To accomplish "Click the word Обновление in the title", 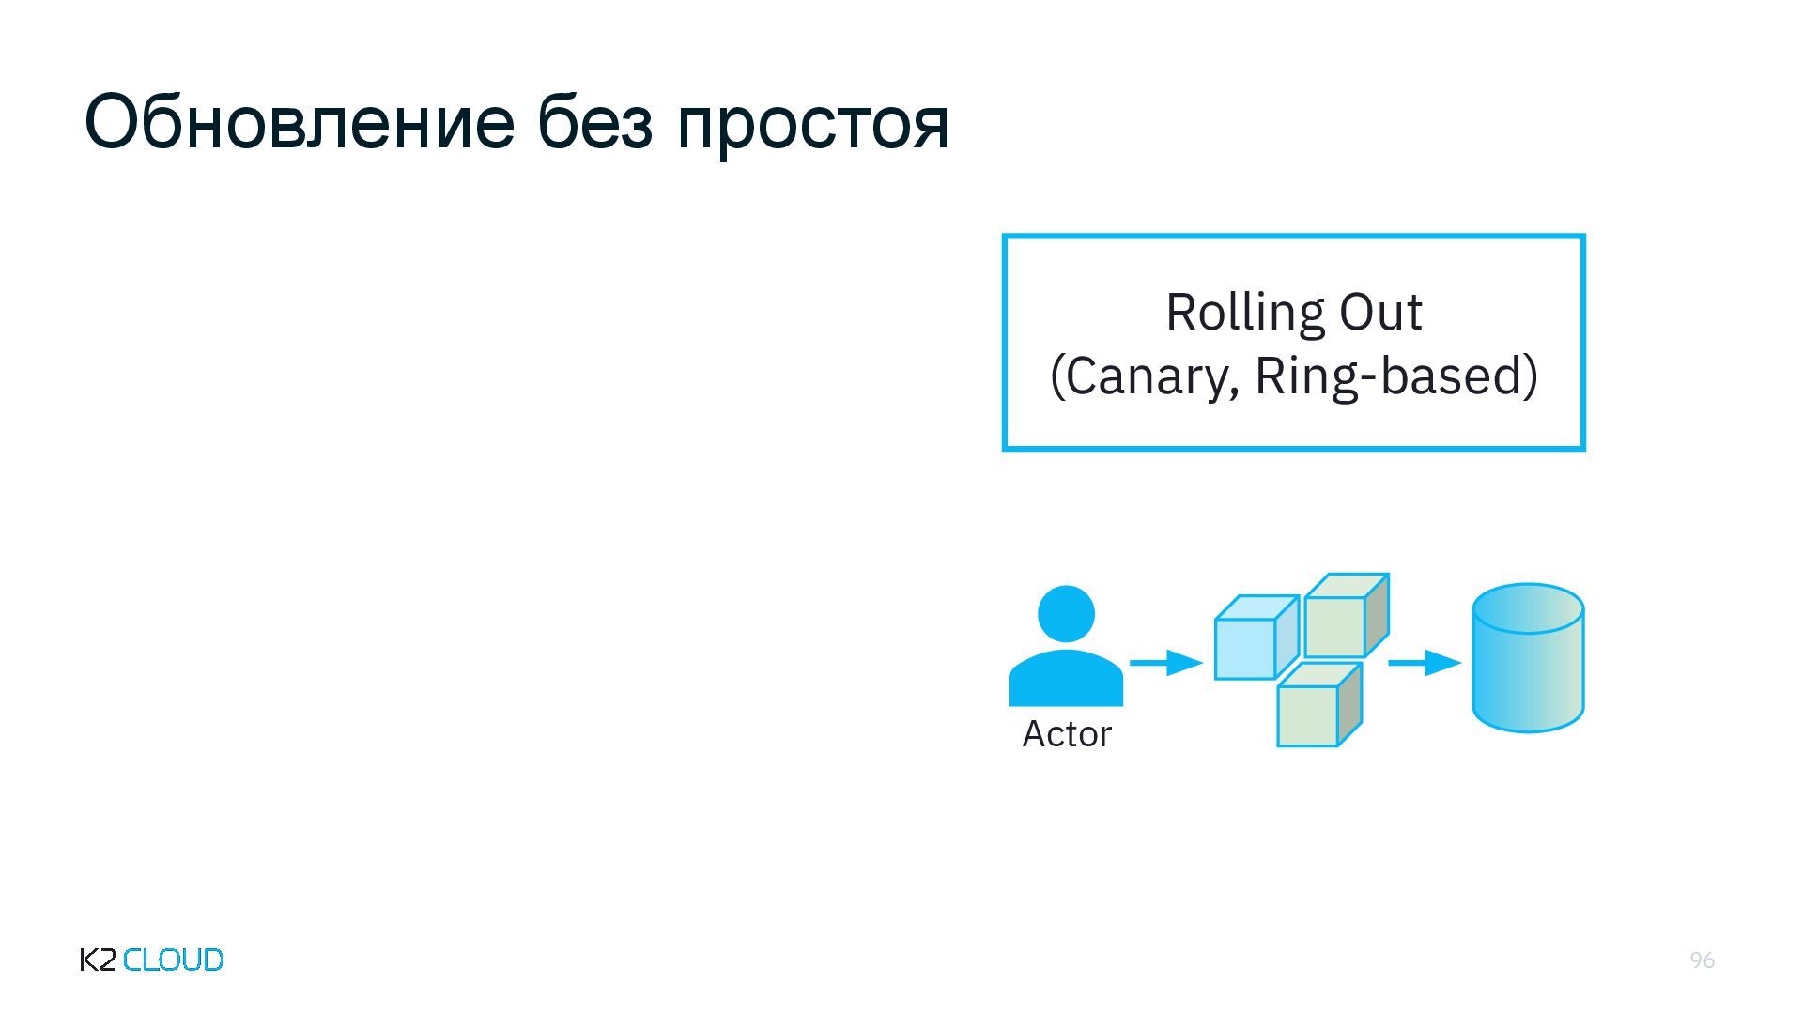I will pyautogui.click(x=299, y=123).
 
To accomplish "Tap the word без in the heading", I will pyautogui.click(x=594, y=123).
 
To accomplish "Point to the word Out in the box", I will pyautogui.click(x=1380, y=313).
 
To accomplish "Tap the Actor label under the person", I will pyautogui.click(x=1066, y=734).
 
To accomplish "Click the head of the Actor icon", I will pyautogui.click(x=1066, y=614).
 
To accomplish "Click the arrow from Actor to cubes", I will pyautogui.click(x=1164, y=663).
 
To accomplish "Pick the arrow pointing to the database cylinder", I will pyautogui.click(x=1424, y=663).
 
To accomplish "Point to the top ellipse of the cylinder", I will pyautogui.click(x=1528, y=607).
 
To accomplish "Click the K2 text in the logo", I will pyautogui.click(x=98, y=960).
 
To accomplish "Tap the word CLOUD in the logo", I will pyautogui.click(x=174, y=960).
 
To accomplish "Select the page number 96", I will pyautogui.click(x=1702, y=960).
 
